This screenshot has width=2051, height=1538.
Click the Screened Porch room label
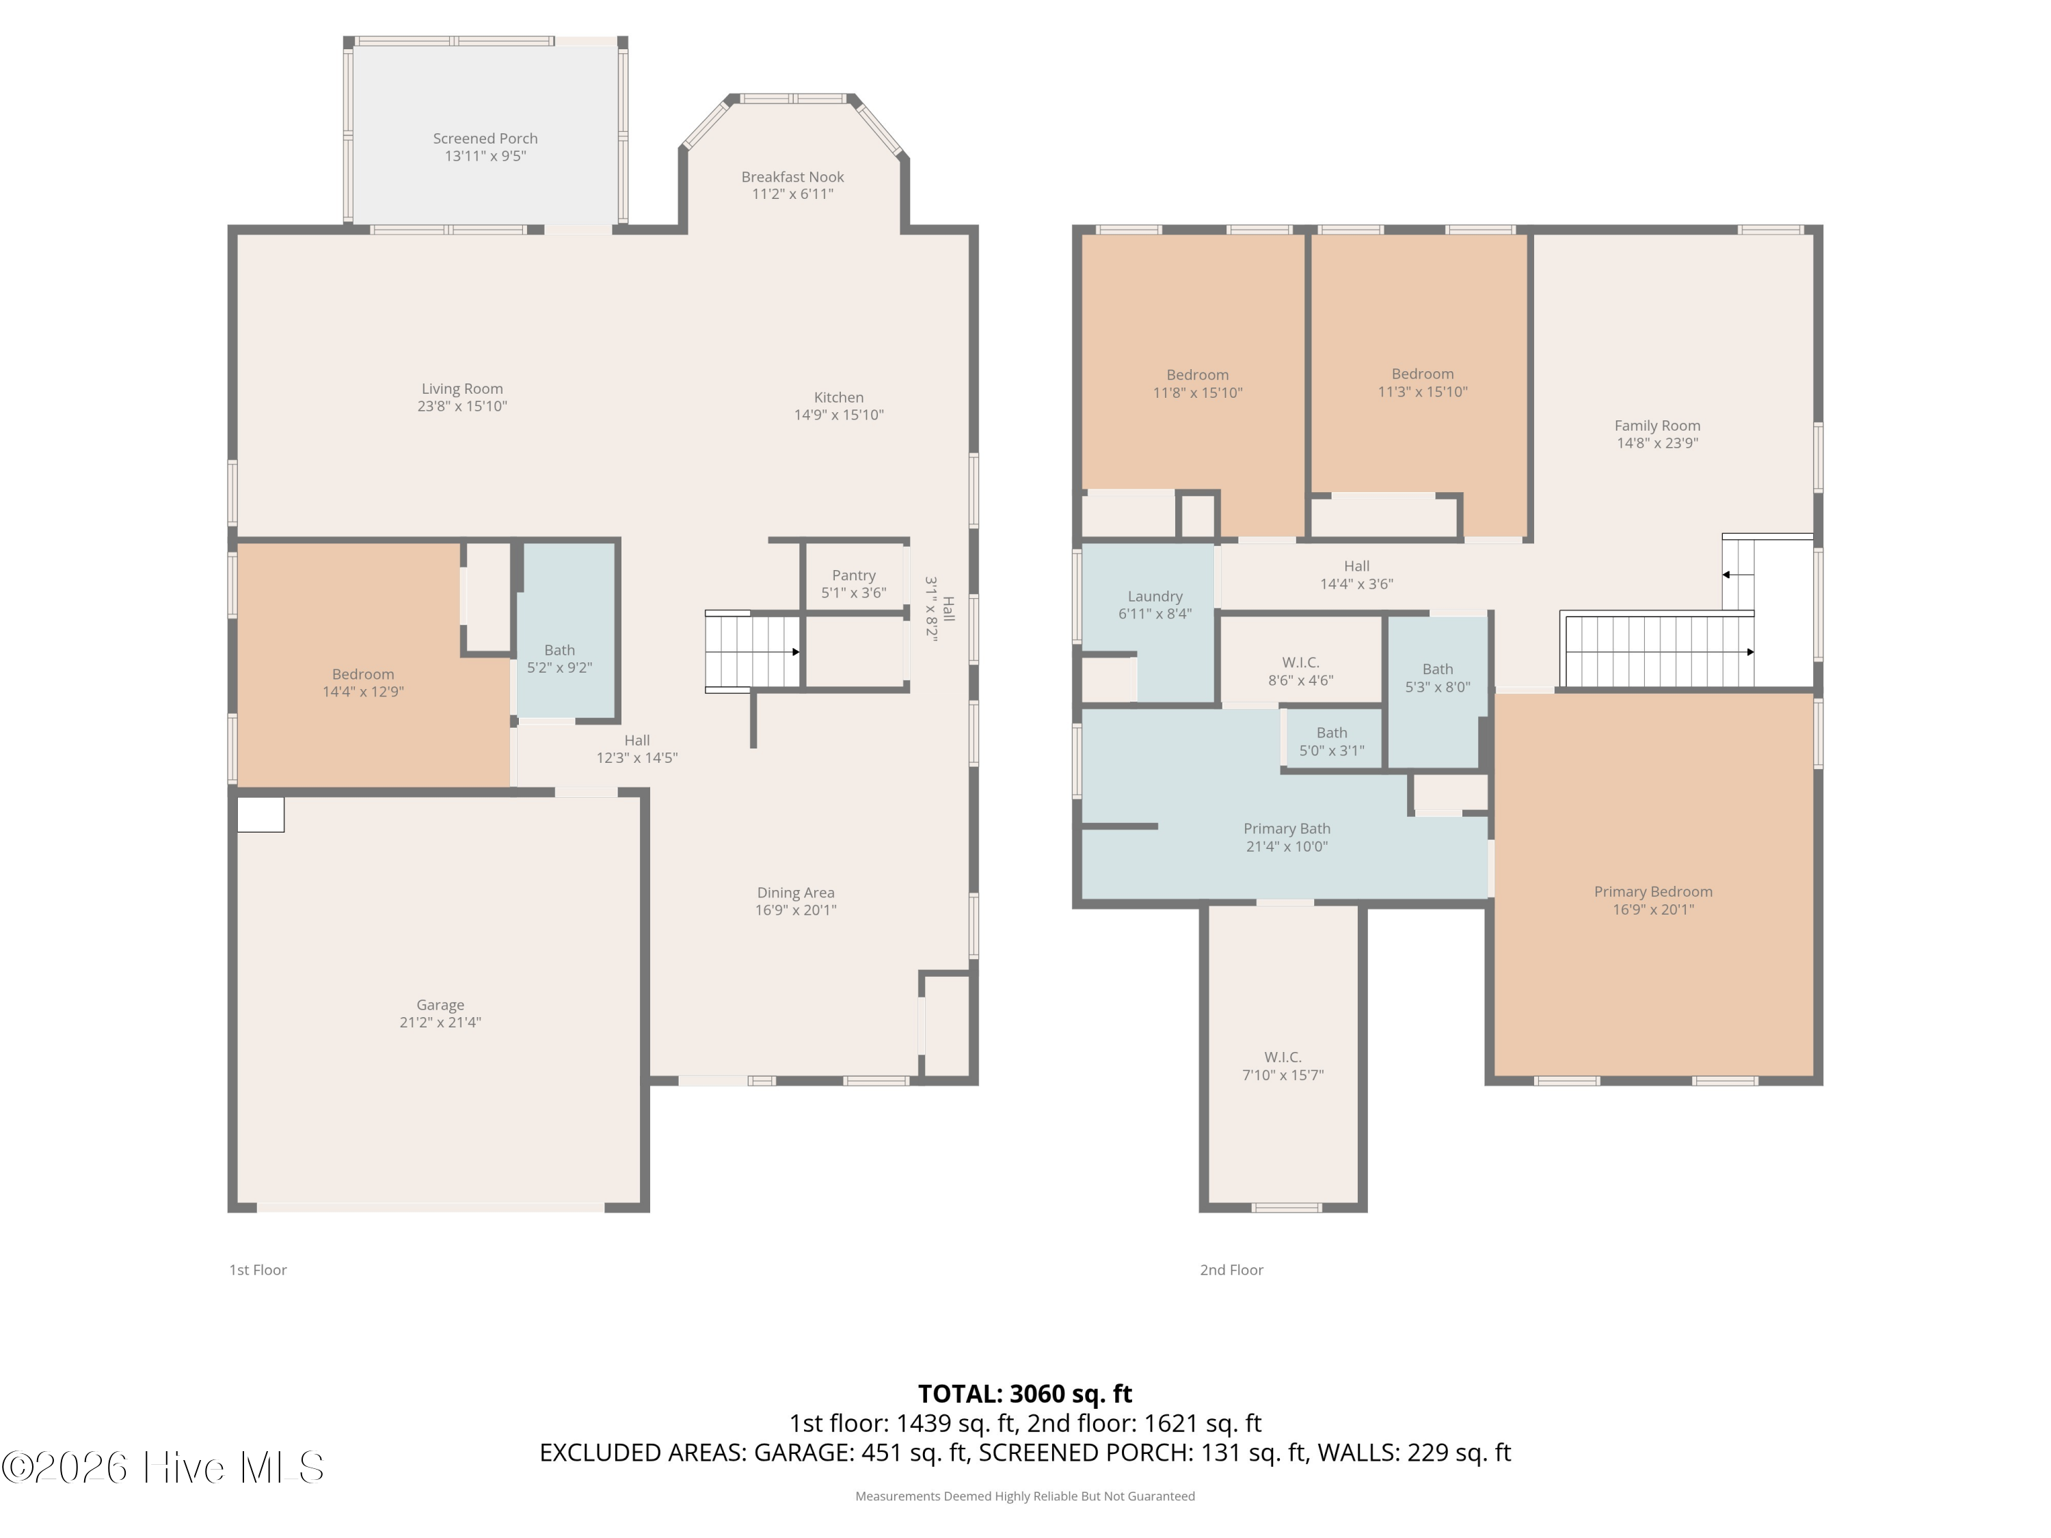point(485,138)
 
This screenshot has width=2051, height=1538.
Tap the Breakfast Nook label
point(793,176)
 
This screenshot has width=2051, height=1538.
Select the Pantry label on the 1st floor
point(854,576)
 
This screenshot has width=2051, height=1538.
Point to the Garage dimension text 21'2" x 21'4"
point(440,1023)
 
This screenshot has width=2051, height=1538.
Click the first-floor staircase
point(752,651)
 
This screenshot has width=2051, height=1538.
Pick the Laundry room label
point(1155,596)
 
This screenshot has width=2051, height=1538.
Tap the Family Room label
point(1657,426)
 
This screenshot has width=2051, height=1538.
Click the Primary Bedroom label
point(1653,892)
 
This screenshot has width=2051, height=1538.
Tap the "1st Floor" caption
point(258,1270)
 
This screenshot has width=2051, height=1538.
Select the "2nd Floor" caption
point(1231,1270)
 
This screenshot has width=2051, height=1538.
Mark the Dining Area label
point(796,893)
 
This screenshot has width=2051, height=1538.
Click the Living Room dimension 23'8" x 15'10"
point(461,406)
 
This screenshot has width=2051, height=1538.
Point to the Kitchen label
point(839,398)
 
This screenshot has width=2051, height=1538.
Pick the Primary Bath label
point(1287,828)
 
